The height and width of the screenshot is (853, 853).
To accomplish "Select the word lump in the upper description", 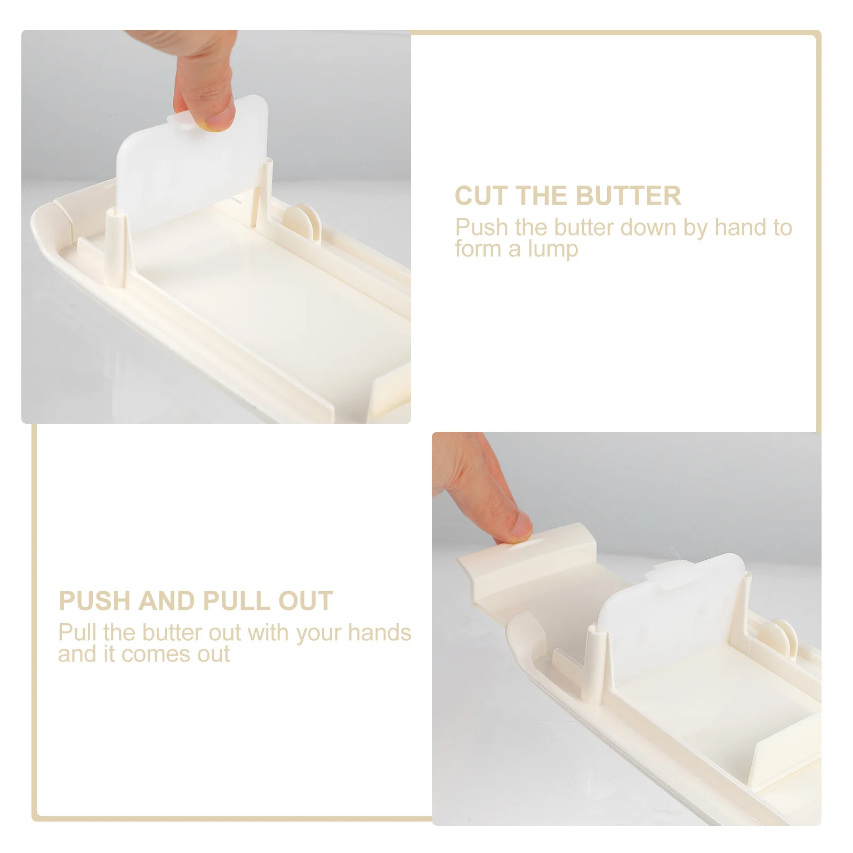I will [558, 249].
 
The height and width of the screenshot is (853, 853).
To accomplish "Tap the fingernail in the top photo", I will [220, 118].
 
